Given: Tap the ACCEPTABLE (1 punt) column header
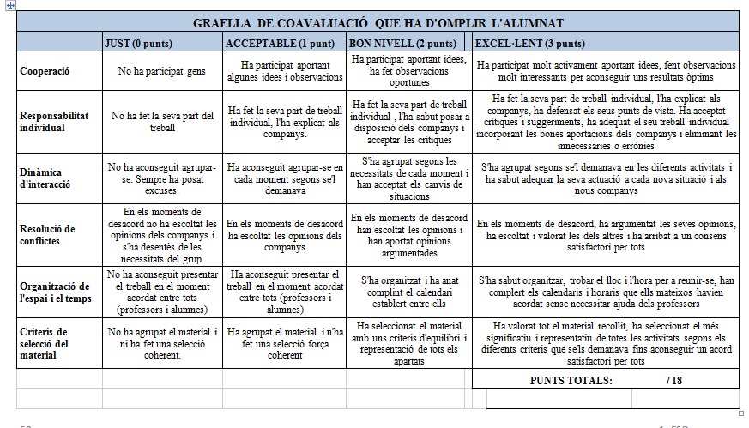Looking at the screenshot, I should [268, 43].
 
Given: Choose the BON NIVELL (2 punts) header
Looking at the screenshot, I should [402, 43].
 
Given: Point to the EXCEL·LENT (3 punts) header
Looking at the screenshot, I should [530, 43].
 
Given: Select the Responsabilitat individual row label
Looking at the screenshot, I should [54, 122].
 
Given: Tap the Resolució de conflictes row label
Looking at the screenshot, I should [47, 235].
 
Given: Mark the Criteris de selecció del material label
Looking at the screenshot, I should [48, 343].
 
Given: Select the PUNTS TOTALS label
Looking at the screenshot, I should [571, 380].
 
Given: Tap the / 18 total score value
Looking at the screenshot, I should [673, 380].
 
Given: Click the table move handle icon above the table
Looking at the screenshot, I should [10, 5].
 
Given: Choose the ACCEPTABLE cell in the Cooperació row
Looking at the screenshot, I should [285, 71].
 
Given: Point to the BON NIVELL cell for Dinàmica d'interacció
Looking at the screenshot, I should [409, 178].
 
